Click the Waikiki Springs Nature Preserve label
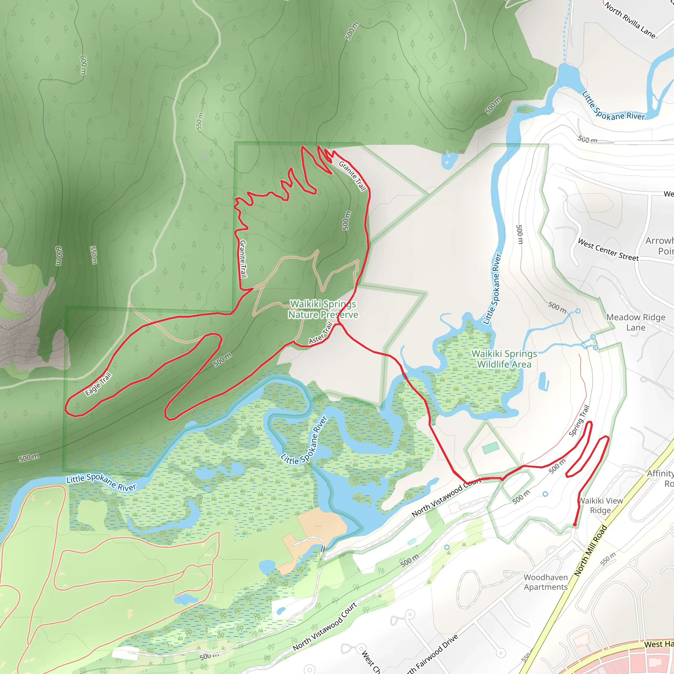click(323, 309)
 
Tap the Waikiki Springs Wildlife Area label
click(504, 359)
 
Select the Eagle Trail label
click(98, 384)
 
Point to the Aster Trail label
click(321, 333)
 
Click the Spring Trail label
click(579, 421)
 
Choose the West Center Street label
click(608, 250)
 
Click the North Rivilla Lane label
click(630, 20)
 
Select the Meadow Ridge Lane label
click(635, 322)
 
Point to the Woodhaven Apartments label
click(546, 582)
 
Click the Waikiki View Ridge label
click(600, 505)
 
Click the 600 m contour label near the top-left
click(83, 65)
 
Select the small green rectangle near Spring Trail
click(490, 448)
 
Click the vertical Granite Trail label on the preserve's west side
click(243, 259)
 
